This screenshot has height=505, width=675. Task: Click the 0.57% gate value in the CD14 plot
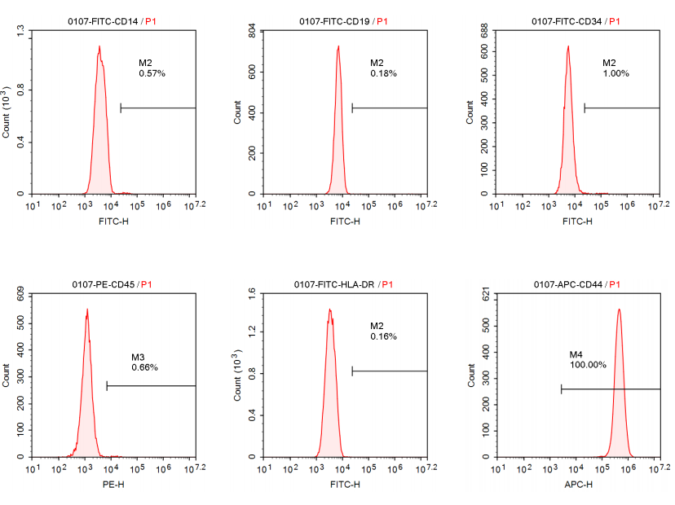pos(152,73)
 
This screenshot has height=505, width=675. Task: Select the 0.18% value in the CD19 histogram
pos(383,73)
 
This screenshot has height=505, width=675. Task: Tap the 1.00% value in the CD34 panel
pos(615,73)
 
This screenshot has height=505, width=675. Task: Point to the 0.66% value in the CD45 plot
pos(144,367)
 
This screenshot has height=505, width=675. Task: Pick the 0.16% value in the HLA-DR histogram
pos(383,336)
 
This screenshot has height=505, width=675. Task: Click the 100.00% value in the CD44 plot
pos(588,365)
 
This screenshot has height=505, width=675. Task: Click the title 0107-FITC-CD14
pos(104,21)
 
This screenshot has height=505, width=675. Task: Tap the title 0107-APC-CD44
pos(567,284)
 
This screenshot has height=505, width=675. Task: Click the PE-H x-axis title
pos(112,485)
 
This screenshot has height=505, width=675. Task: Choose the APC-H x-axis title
pos(578,485)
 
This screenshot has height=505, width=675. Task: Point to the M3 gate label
pos(138,358)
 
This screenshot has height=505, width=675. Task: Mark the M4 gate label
pos(576,355)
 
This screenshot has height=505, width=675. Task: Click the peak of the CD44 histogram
pos(619,310)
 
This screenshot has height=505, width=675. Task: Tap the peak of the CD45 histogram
pos(86,310)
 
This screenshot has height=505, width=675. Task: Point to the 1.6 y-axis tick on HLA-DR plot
pos(252,293)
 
